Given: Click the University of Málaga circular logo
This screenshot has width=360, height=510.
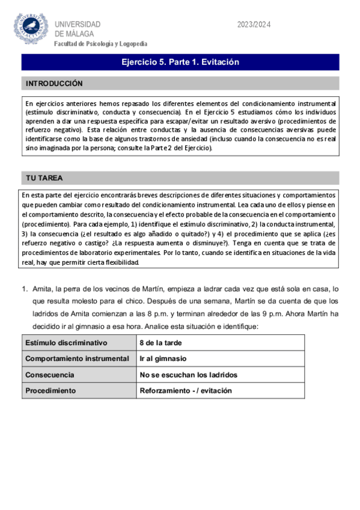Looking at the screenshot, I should pyautogui.click(x=31, y=28).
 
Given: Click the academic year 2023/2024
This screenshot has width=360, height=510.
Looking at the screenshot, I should pyautogui.click(x=254, y=25).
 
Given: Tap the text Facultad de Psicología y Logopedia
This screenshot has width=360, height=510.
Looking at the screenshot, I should pyautogui.click(x=100, y=44).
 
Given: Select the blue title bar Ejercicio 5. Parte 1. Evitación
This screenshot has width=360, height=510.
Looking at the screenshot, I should pyautogui.click(x=180, y=62).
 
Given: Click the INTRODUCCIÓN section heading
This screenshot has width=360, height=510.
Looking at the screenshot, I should pyautogui.click(x=53, y=84).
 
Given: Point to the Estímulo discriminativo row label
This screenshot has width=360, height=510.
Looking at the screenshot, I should pyautogui.click(x=66, y=343).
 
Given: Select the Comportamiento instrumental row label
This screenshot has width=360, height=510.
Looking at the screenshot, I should pyautogui.click(x=77, y=358).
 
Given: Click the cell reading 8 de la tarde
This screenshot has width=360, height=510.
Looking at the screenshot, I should pyautogui.click(x=160, y=343).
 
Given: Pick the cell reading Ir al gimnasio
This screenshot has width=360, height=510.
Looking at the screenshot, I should pyautogui.click(x=163, y=358).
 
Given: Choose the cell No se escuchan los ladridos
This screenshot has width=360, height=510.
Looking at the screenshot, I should pyautogui.click(x=188, y=375).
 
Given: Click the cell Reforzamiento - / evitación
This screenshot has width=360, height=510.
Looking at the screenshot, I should pyautogui.click(x=186, y=390).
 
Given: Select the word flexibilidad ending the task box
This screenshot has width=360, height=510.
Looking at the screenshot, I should pyautogui.click(x=120, y=263).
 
